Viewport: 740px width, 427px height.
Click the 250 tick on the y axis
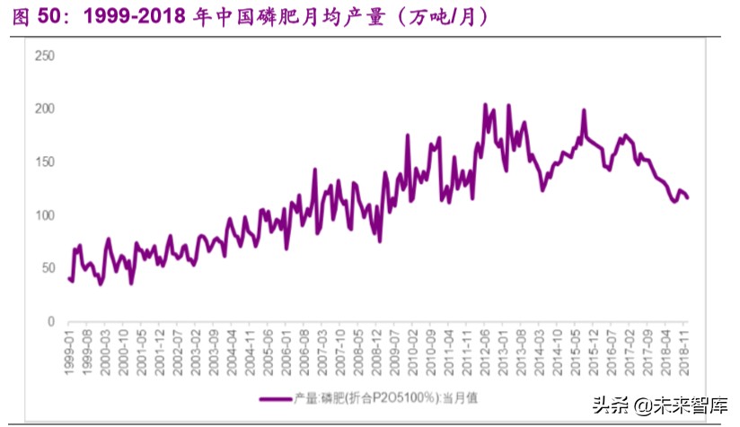(x=45, y=56)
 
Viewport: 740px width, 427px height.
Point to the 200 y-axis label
(x=45, y=109)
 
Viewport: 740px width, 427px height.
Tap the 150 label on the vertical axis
(x=45, y=161)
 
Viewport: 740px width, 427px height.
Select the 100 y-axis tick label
(x=45, y=215)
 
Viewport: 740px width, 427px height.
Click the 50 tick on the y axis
(x=48, y=268)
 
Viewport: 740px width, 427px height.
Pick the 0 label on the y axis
(x=51, y=321)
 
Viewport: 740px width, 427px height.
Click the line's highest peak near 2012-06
(x=486, y=105)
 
